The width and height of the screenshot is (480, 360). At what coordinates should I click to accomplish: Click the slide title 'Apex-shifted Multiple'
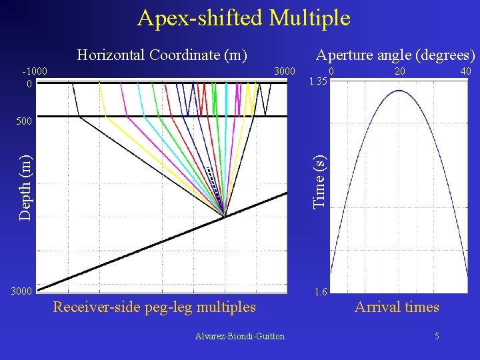pyautogui.click(x=243, y=18)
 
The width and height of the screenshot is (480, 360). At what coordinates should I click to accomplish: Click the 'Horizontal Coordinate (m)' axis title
pyautogui.click(x=161, y=55)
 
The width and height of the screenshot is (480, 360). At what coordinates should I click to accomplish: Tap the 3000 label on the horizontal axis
pyautogui.click(x=285, y=71)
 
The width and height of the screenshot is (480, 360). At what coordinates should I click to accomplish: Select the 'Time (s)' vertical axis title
pyautogui.click(x=320, y=181)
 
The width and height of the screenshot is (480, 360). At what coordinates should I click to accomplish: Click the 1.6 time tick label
pyautogui.click(x=320, y=292)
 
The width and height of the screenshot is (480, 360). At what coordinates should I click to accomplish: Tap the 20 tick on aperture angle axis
pyautogui.click(x=399, y=71)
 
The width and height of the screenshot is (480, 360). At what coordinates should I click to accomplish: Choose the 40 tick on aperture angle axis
pyautogui.click(x=465, y=71)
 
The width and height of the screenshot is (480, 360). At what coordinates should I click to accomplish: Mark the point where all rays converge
pyautogui.click(x=225, y=217)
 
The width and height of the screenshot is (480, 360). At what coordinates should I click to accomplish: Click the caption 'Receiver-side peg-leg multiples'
pyautogui.click(x=154, y=307)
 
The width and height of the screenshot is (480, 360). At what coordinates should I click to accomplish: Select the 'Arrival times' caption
pyautogui.click(x=397, y=307)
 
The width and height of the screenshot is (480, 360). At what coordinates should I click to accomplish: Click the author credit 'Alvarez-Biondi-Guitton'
pyautogui.click(x=239, y=337)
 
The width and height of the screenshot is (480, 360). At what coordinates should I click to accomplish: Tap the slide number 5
pyautogui.click(x=437, y=337)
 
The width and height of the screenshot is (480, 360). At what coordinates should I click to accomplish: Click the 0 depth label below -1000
pyautogui.click(x=29, y=84)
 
